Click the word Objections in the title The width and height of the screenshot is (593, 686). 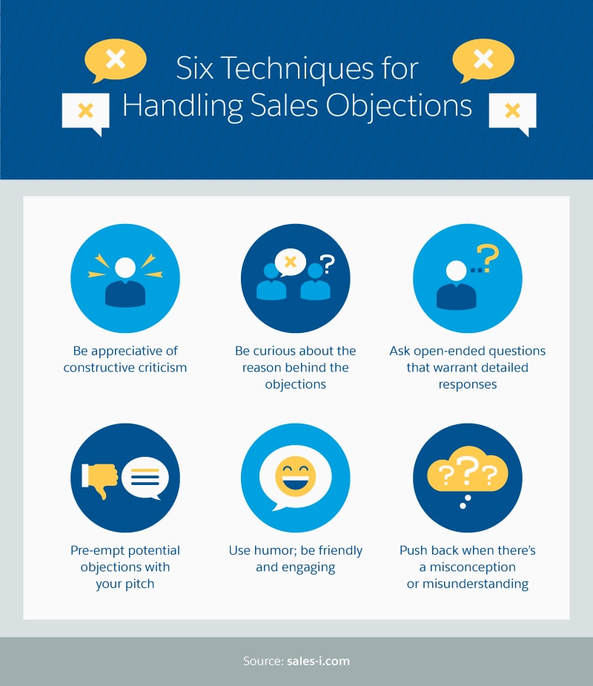pyautogui.click(x=405, y=105)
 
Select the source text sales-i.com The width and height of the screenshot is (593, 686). pyautogui.click(x=318, y=661)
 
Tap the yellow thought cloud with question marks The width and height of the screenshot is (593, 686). pyautogui.click(x=467, y=472)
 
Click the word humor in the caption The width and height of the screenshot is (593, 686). pyautogui.click(x=275, y=550)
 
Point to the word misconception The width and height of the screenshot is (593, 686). pyautogui.click(x=467, y=567)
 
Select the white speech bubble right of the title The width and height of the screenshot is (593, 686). pyautogui.click(x=512, y=112)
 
